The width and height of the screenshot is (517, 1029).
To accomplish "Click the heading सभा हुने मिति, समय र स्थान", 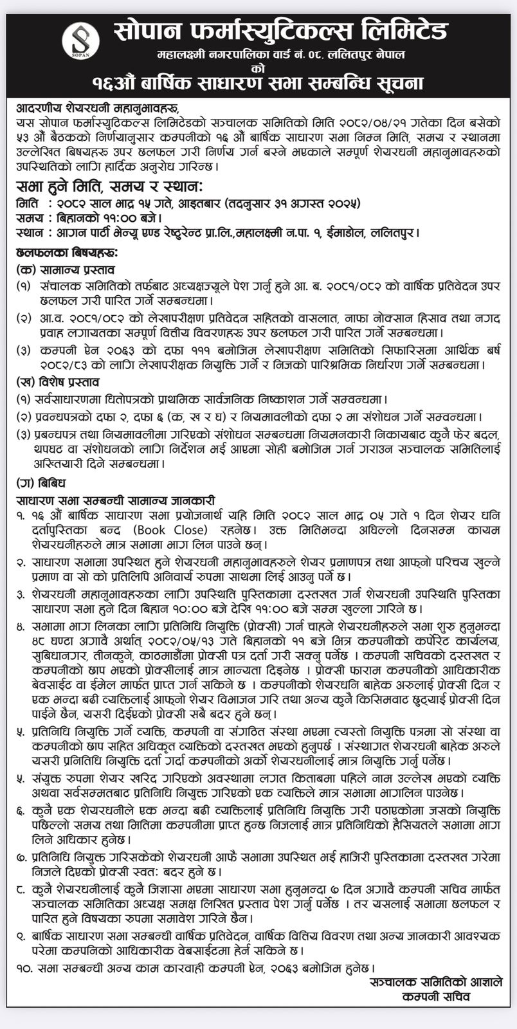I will [x=109, y=188].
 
